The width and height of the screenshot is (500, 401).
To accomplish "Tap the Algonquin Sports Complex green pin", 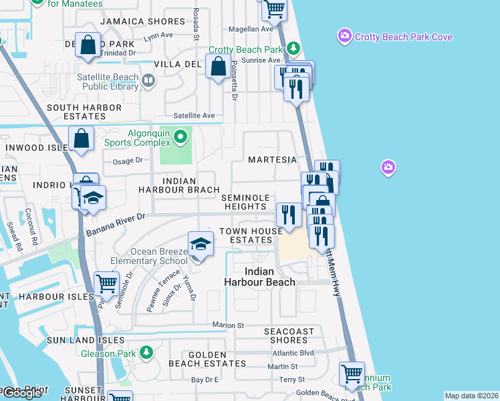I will coord(180,138).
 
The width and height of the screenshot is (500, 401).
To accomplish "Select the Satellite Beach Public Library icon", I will coord(148,81).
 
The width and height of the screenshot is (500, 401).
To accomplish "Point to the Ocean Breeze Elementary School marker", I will coord(200,245).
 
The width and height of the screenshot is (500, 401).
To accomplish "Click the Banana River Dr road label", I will coord(116,225).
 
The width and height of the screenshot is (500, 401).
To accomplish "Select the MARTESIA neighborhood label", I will coord(272,160).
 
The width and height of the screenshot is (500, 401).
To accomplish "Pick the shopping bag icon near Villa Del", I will coord(219,67).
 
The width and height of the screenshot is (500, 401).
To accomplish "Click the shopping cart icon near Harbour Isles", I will coord(107,283).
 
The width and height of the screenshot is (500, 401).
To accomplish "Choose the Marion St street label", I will coord(225,325).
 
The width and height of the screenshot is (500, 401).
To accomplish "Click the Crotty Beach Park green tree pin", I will coord(293,49).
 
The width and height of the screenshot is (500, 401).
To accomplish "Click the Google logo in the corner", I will coord(22,393).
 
